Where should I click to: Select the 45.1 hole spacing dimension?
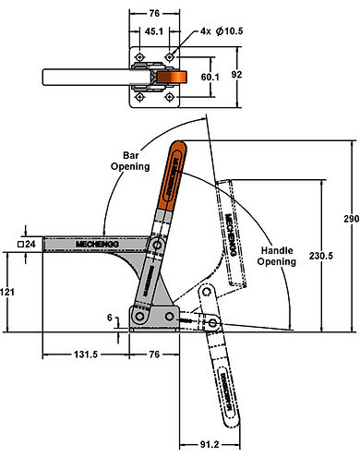[x=153, y=30]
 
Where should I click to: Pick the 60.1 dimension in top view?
[x=211, y=78]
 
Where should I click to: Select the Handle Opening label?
[x=276, y=255]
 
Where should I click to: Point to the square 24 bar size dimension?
[x=28, y=245]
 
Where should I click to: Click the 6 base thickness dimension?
[x=112, y=318]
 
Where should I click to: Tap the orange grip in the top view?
[x=169, y=79]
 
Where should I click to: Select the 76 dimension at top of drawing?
[x=153, y=14]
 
